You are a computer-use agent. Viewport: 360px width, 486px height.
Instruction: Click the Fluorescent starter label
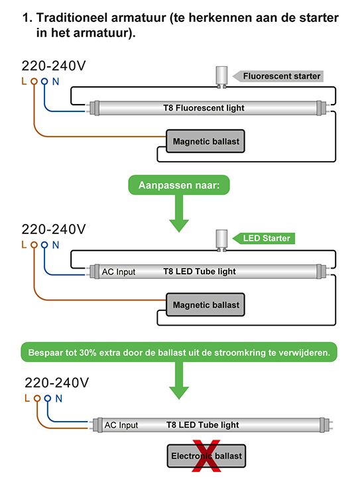(x=278, y=76)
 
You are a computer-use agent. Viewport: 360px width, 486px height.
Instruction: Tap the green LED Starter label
(x=264, y=238)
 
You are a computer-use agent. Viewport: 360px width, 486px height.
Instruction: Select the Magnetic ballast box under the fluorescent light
(x=206, y=141)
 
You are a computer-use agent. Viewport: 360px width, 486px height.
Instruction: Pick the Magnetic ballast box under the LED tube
(x=206, y=305)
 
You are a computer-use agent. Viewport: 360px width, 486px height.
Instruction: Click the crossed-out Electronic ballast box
(x=206, y=456)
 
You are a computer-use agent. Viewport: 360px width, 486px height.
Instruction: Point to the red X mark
(x=206, y=456)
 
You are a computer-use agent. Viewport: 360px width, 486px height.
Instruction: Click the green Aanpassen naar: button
(x=179, y=185)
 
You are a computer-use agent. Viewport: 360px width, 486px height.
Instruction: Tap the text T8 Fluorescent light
(x=204, y=108)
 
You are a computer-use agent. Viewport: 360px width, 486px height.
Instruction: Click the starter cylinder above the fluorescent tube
(x=221, y=77)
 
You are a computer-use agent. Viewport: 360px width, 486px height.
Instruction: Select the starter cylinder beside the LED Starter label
(x=221, y=240)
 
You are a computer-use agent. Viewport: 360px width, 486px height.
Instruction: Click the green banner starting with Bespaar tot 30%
(x=179, y=352)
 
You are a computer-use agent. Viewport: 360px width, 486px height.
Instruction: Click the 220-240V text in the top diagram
(x=54, y=66)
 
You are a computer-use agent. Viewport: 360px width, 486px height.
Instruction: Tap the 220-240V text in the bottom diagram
(x=57, y=383)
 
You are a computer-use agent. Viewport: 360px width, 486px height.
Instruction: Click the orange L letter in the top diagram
(x=24, y=81)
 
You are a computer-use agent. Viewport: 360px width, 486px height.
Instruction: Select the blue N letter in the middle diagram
(x=56, y=245)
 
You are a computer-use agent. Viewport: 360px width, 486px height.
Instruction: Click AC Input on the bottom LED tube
(x=121, y=425)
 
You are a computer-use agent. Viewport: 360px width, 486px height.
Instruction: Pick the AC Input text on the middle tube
(x=119, y=272)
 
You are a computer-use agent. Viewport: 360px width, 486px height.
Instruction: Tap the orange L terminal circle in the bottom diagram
(x=37, y=398)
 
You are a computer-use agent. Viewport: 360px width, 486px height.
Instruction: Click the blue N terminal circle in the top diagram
(x=44, y=82)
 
